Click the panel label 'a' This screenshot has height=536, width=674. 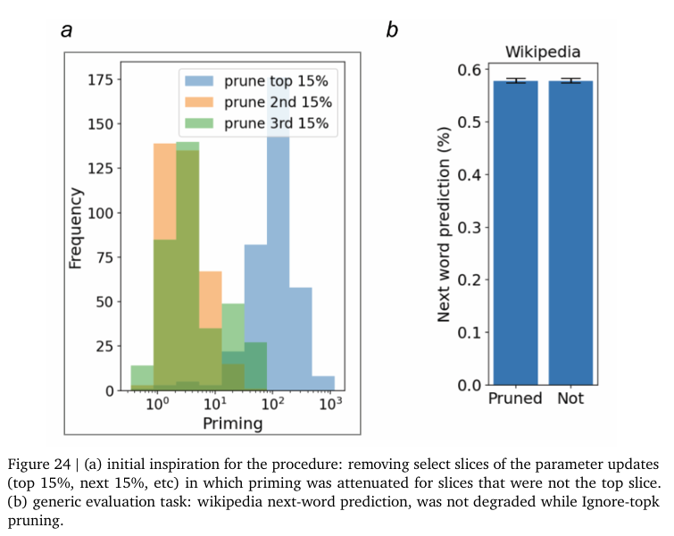tap(66, 30)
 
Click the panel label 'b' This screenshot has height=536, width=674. tap(392, 30)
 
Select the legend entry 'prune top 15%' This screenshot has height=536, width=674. tap(259, 80)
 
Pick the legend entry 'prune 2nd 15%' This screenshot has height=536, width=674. tap(259, 102)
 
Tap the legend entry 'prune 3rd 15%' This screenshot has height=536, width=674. tap(259, 123)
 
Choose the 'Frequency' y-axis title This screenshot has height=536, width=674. tap(77, 229)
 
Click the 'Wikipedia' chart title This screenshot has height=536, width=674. tap(544, 51)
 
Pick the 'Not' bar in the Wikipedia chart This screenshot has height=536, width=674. tap(571, 232)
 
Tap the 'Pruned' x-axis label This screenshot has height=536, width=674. tap(514, 399)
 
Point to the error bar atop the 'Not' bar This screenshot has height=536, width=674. tap(571, 80)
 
